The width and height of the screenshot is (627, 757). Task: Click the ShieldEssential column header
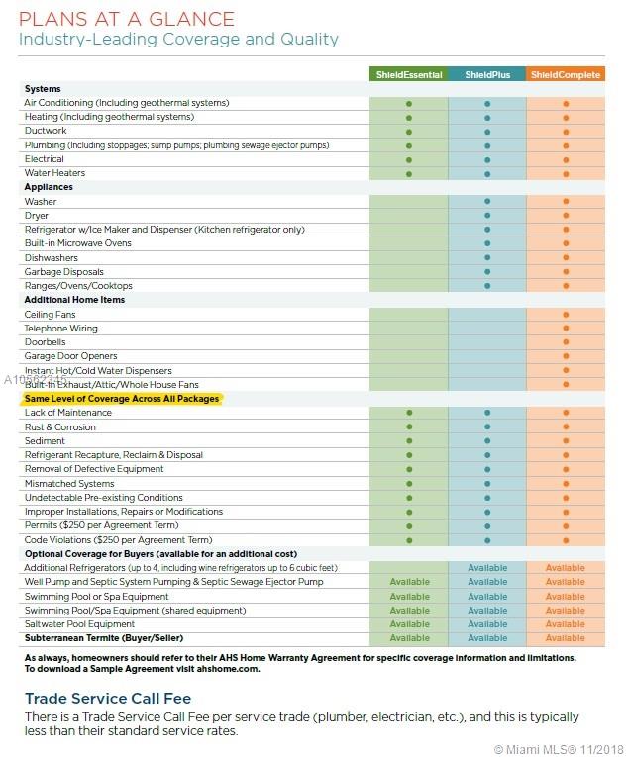408,75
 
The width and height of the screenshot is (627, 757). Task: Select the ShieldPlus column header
486,75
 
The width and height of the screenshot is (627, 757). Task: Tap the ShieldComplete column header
565,75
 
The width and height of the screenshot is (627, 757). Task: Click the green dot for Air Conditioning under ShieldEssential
408,103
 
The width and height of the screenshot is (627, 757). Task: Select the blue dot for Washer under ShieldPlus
486,202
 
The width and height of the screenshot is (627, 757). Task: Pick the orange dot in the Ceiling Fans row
565,315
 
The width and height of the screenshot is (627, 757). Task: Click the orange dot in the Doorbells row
565,342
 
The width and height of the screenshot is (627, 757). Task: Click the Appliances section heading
49,187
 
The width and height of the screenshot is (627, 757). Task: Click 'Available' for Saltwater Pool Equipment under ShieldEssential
409,624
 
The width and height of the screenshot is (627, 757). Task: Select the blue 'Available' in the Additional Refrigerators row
487,568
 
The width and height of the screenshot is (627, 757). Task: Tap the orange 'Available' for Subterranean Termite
565,638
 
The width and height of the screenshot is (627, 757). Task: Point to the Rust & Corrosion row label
60,427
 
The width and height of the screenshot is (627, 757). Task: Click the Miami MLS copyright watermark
559,748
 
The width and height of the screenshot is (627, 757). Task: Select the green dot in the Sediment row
408,441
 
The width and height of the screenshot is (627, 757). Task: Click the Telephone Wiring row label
61,329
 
